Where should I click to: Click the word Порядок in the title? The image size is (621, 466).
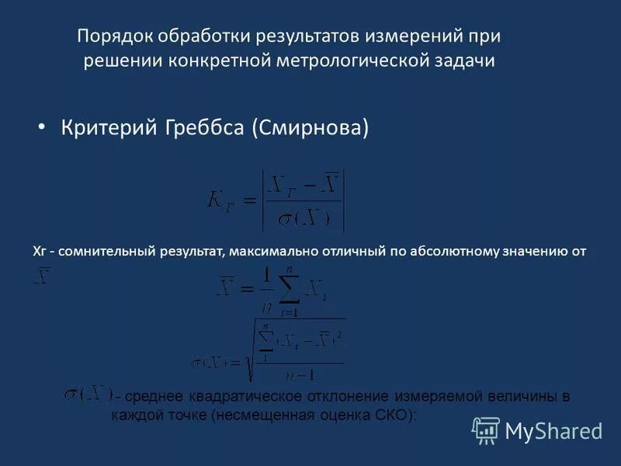point(114,37)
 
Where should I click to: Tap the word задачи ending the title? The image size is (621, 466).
point(467,62)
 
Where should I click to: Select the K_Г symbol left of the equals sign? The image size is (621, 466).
point(222,200)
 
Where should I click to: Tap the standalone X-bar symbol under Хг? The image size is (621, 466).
point(42,276)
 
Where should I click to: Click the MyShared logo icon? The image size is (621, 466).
point(486,429)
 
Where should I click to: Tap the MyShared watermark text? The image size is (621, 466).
point(553,430)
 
